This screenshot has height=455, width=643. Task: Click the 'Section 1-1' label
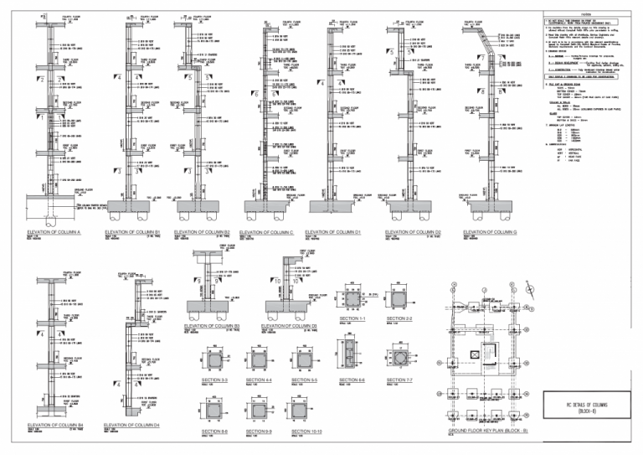(x=352, y=319)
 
